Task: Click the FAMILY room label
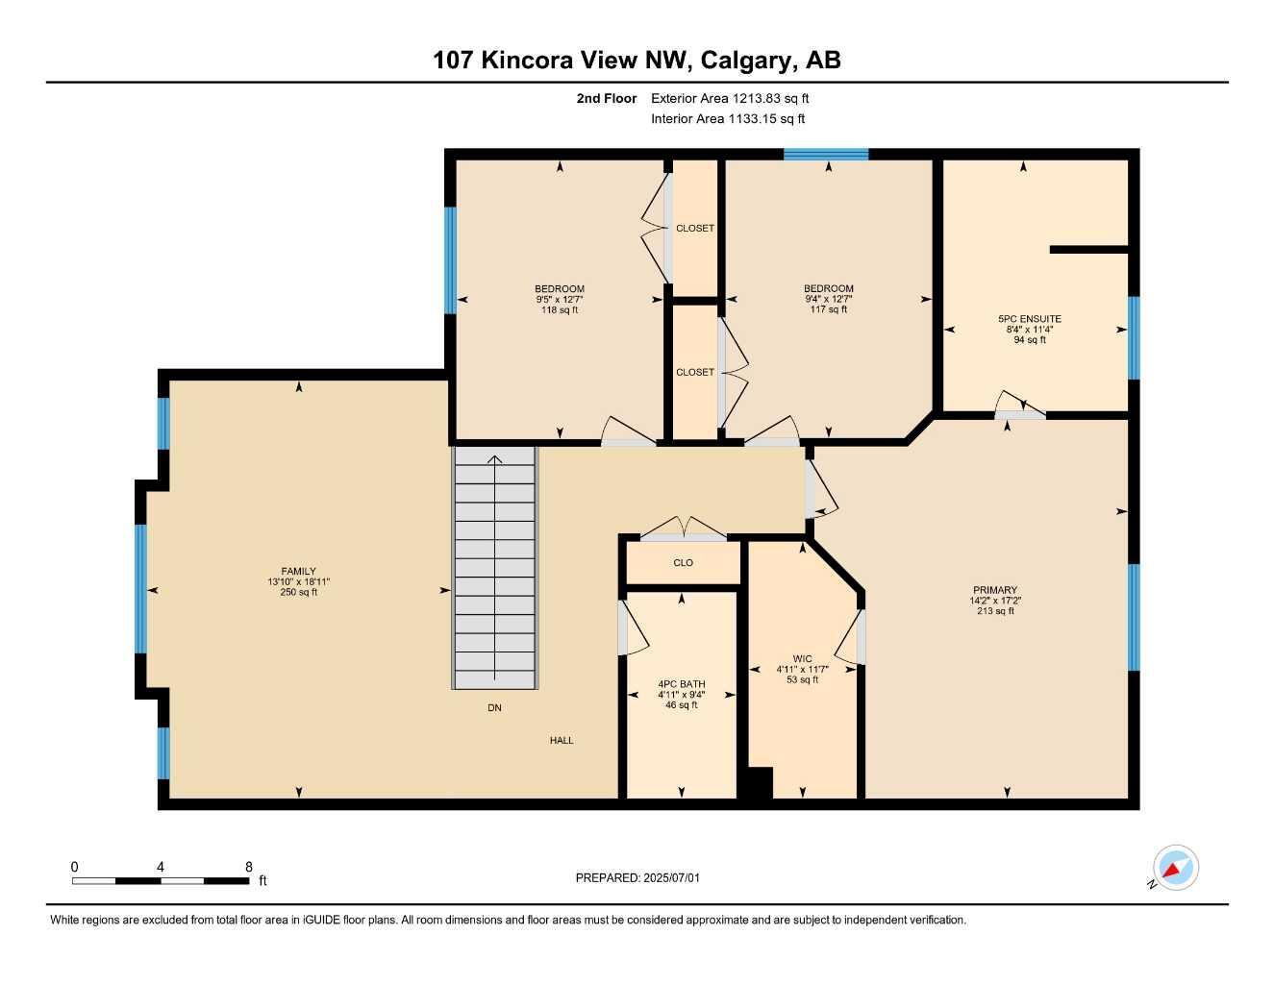[298, 571]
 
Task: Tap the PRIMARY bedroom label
[995, 590]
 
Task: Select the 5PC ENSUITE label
[1030, 319]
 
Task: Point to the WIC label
[802, 659]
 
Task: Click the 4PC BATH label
[682, 684]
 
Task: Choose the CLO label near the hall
[683, 563]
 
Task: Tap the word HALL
[562, 740]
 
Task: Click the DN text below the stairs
[494, 707]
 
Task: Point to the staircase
[495, 568]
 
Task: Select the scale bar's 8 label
[249, 867]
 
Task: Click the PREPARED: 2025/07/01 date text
[637, 878]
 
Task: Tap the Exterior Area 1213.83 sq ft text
[730, 98]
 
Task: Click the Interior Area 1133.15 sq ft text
[728, 119]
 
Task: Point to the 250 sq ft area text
[298, 592]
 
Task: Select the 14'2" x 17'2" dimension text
[995, 601]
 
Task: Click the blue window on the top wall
[826, 155]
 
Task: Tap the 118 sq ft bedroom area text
[560, 309]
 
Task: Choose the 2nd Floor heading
[606, 98]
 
